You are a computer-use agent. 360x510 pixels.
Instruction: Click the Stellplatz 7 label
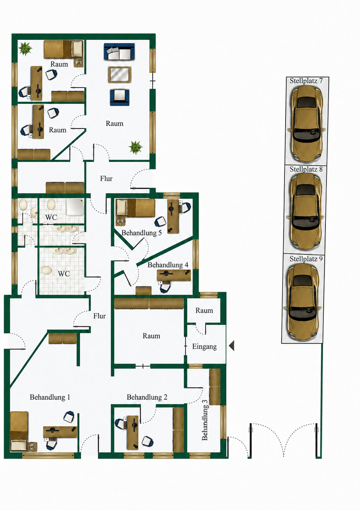coord(306,81)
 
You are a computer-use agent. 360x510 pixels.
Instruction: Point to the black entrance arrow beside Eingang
coord(232,345)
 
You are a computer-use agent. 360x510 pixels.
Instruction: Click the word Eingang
coord(204,347)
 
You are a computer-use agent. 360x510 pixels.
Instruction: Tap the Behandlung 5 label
coord(141,233)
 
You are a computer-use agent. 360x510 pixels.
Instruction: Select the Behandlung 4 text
coord(168,265)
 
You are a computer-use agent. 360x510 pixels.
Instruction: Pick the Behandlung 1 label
coord(50,397)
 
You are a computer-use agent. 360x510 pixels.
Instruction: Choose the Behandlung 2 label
coord(147,397)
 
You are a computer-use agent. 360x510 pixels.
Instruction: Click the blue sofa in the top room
coord(119,52)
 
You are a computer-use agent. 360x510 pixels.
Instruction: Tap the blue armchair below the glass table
coord(120,97)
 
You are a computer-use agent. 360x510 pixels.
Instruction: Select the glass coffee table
coord(120,74)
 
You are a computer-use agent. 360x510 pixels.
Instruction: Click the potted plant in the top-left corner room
coord(25,48)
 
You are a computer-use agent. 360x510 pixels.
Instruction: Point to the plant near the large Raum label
coord(135,147)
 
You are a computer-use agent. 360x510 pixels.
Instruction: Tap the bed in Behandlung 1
coord(19,431)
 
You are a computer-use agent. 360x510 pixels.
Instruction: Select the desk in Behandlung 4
coord(174,275)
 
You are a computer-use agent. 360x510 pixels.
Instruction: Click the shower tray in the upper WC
coord(75,207)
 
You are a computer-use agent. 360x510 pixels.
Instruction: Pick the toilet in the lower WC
coord(46,270)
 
